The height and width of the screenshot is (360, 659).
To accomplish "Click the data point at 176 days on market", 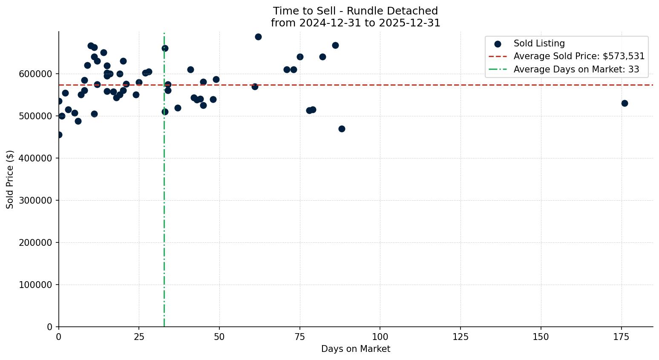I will pos(624,103).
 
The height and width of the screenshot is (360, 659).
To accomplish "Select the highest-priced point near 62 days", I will pos(258,37).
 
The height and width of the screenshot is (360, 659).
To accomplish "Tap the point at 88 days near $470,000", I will pos(342,129).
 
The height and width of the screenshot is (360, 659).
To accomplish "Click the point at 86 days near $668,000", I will pos(335,45).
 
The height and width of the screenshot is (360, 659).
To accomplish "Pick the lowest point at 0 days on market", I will pos(59,135).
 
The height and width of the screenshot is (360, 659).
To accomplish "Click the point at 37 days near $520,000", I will pos(178,108).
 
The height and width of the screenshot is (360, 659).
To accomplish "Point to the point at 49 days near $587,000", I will pos(216,79).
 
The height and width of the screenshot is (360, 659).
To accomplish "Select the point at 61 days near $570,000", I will pos(255,86).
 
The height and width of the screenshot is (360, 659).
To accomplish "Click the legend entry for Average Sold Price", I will pos(579,56).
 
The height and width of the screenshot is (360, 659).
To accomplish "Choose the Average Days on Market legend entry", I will pos(576,69).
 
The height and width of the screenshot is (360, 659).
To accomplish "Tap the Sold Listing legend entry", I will pos(539,43).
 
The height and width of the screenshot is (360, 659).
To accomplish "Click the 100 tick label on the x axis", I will pos(380,337).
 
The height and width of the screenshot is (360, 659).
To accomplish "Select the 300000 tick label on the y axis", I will pos(36,200).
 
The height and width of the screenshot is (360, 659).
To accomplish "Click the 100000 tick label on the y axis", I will pos(36,285).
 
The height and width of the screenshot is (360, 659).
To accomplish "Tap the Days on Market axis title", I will pos(356,349).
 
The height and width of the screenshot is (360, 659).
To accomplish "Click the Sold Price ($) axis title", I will pos(10,179).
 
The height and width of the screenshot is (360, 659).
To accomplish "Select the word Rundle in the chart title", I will pos(356,11).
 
